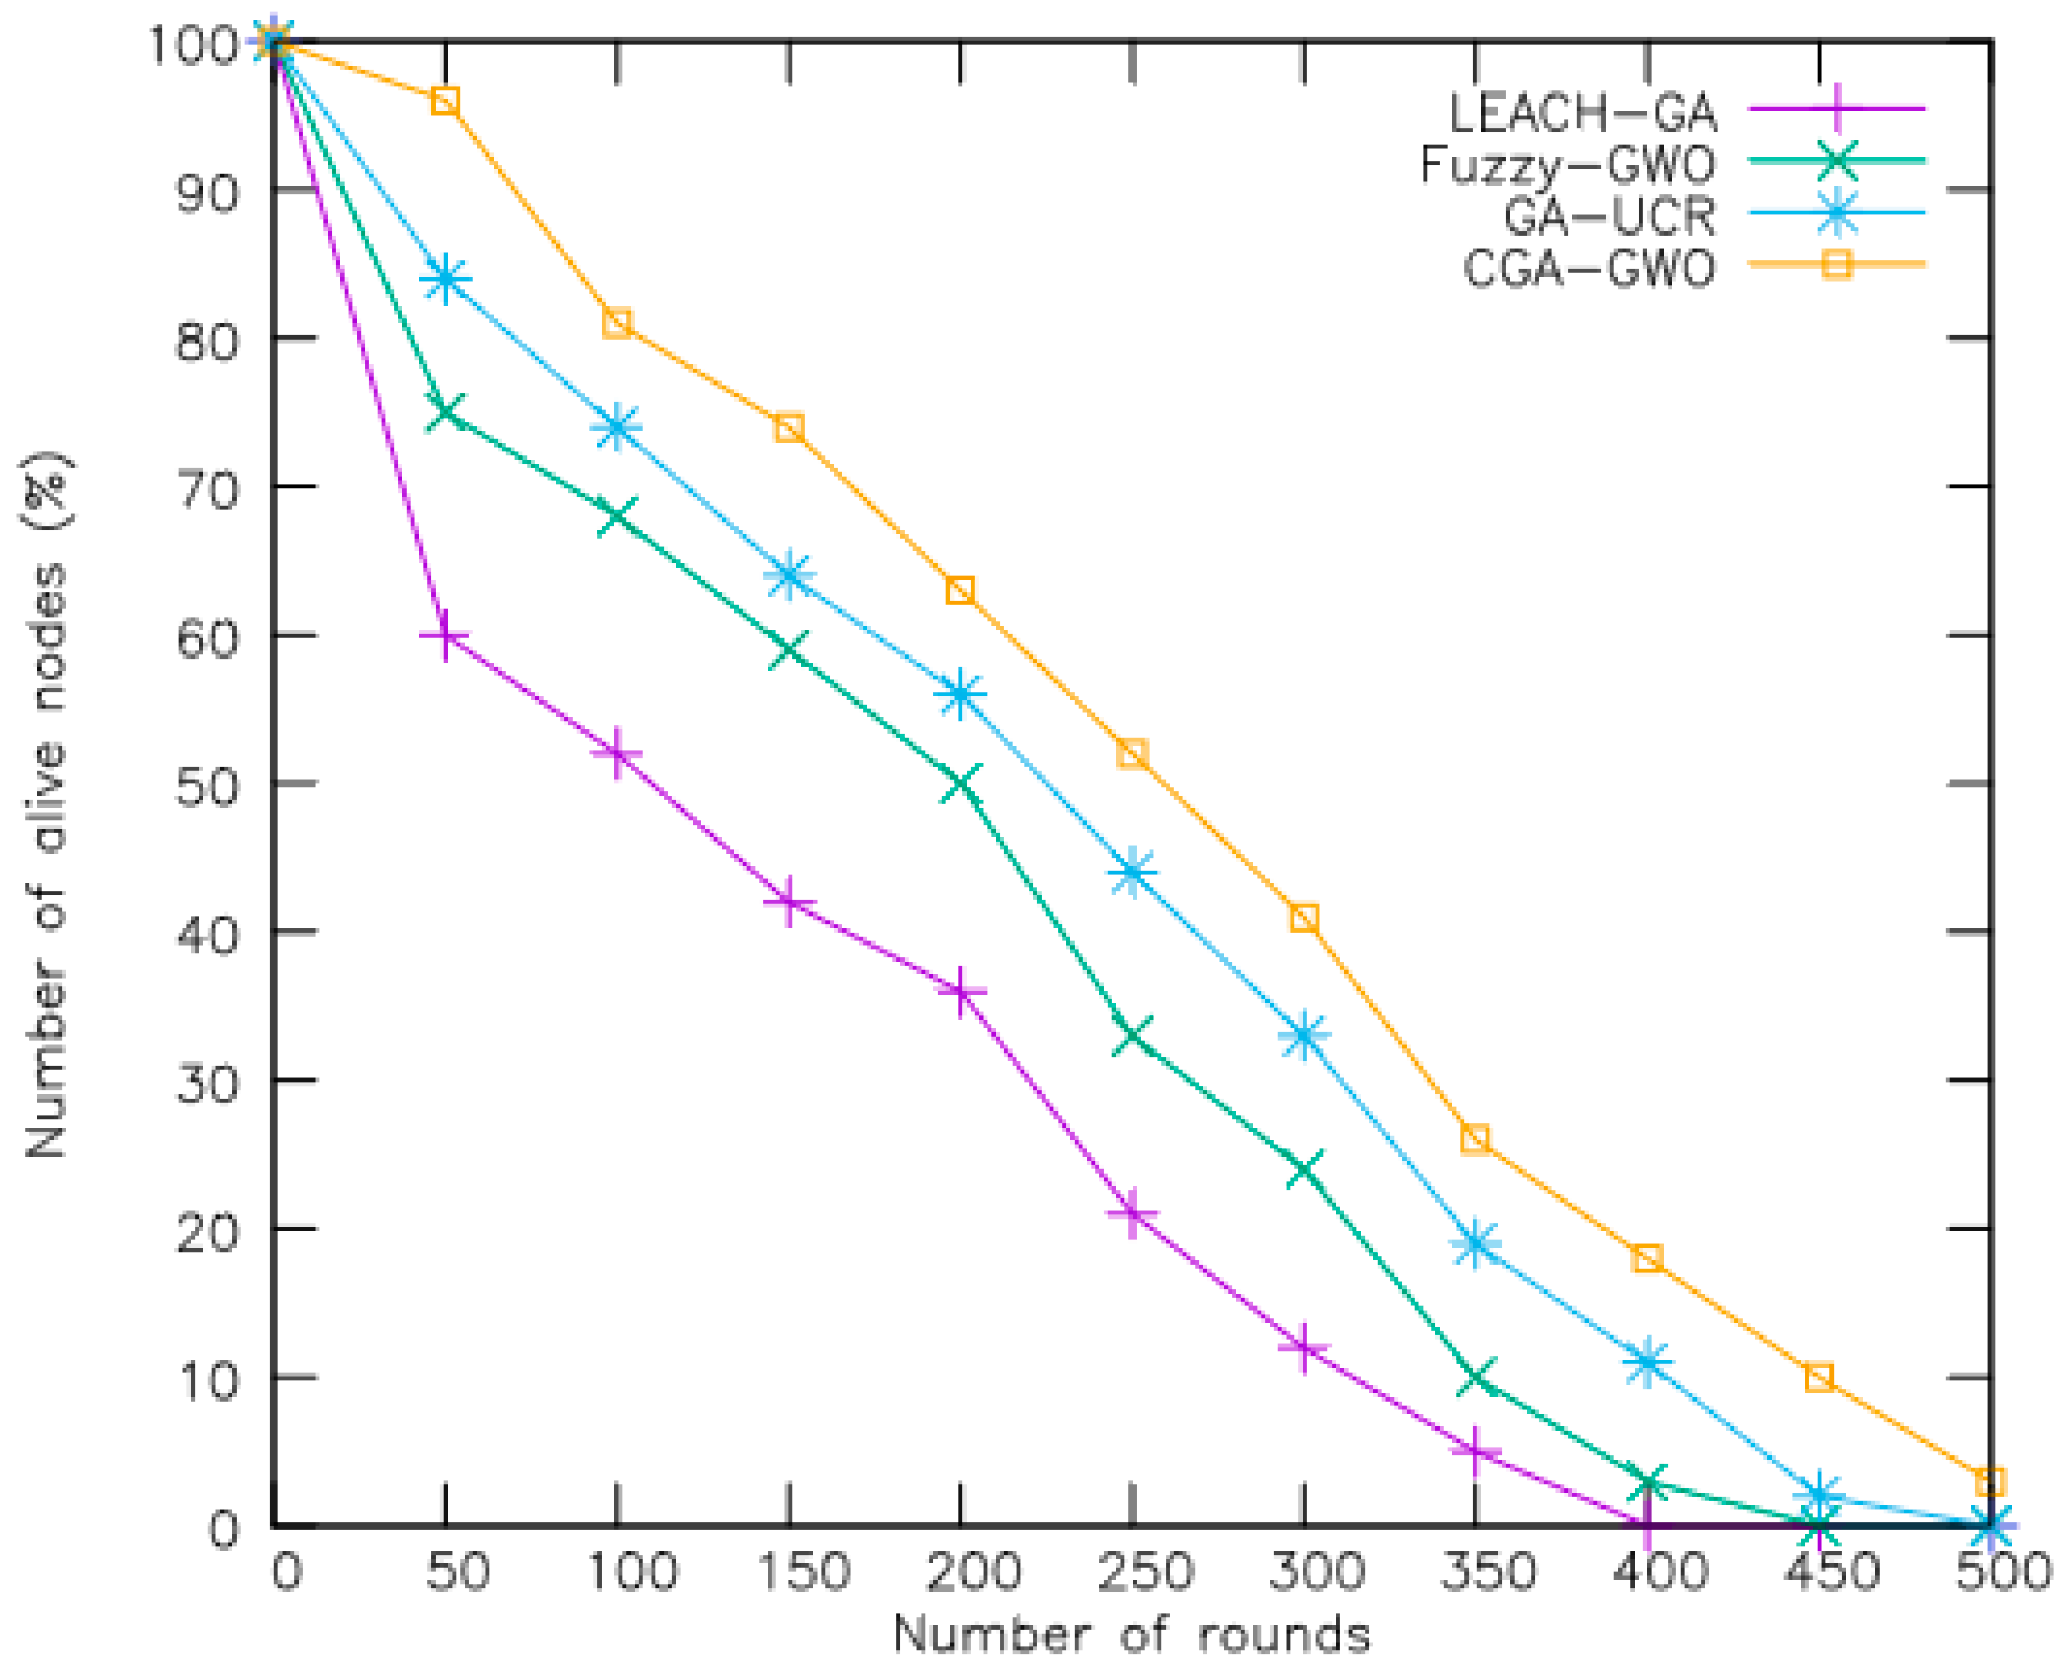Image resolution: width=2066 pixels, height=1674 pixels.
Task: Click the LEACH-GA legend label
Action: [1582, 114]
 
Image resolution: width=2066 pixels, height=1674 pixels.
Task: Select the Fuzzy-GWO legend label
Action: [1567, 165]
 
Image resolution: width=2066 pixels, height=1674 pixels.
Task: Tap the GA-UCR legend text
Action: [1609, 216]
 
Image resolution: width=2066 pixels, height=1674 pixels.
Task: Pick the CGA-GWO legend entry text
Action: [1589, 267]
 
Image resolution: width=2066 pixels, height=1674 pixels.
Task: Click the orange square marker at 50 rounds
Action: [444, 101]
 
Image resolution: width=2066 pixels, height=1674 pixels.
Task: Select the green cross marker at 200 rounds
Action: [960, 784]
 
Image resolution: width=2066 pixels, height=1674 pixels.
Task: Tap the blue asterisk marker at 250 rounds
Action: [1132, 872]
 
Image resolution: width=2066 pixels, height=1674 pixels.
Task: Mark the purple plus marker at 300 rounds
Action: [1304, 1349]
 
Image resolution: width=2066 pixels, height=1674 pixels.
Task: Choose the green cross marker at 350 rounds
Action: [1475, 1378]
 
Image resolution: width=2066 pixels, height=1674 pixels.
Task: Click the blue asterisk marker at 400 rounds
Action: [1647, 1363]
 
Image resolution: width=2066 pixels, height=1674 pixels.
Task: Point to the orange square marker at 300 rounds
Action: [1304, 918]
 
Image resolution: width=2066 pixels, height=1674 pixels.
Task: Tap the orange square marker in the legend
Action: [1836, 263]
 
